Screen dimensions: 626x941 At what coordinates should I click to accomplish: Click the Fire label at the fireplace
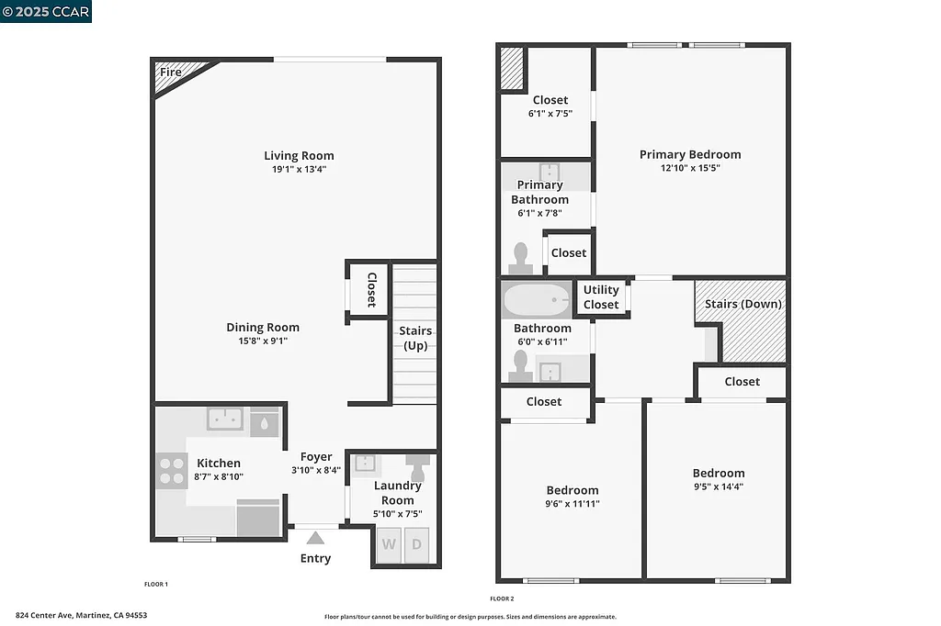pos(171,72)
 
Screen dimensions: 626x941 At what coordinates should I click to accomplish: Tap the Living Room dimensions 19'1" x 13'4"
pos(299,169)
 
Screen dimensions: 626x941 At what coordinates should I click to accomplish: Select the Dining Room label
pos(263,327)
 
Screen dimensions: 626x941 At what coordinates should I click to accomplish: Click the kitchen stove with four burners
pos(172,470)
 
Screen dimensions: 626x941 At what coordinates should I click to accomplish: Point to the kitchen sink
pos(224,419)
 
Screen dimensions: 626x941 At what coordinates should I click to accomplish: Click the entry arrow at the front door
pos(315,538)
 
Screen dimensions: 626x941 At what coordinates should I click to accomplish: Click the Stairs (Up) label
pos(415,338)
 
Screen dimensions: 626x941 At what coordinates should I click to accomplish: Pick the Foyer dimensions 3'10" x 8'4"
pos(316,470)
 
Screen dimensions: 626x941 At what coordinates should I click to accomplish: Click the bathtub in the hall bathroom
pos(537,299)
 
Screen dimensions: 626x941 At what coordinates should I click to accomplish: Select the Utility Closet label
pos(601,296)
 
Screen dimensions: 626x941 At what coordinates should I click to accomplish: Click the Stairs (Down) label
pos(743,304)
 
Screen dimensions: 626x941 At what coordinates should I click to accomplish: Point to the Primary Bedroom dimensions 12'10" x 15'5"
pos(690,168)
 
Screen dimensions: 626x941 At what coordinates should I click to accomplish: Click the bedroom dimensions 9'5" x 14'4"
pos(719,486)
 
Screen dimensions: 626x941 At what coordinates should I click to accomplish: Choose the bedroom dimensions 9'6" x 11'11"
pos(572,503)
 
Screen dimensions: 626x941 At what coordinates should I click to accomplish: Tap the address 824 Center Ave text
pos(81,615)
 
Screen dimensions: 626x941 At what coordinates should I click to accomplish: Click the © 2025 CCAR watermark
pos(46,11)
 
